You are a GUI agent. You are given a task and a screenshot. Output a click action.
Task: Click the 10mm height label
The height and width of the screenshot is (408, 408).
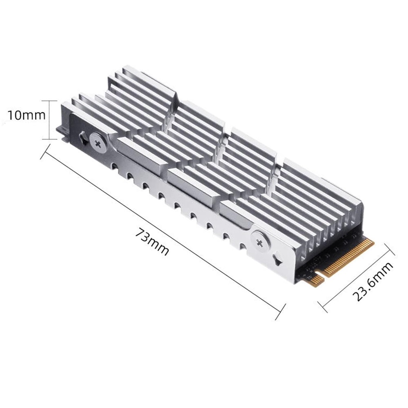(x=26, y=115)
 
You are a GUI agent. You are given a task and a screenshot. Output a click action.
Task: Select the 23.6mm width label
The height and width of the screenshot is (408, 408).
(x=373, y=282)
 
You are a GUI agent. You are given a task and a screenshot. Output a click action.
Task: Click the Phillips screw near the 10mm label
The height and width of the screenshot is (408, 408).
(x=98, y=143)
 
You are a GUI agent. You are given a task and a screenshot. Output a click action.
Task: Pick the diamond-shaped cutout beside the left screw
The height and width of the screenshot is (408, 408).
(x=83, y=137)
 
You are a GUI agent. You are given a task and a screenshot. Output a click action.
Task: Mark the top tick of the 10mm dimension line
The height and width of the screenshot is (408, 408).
(x=49, y=101)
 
